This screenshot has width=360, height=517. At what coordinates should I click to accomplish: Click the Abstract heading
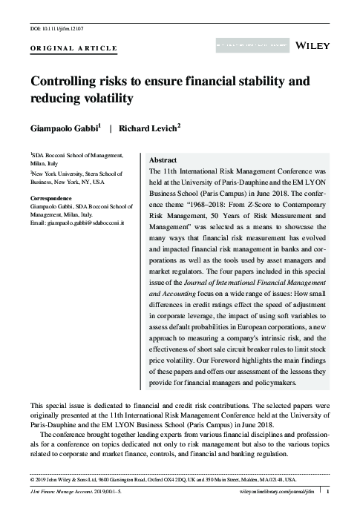163,159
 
